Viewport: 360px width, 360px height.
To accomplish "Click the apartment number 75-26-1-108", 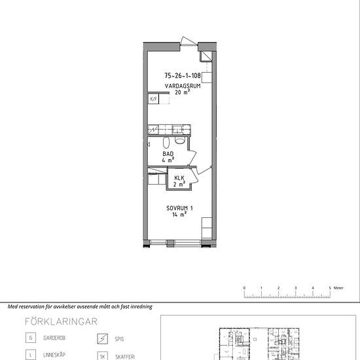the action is (x=183, y=75).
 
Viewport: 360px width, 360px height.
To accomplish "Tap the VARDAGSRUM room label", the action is (x=183, y=86).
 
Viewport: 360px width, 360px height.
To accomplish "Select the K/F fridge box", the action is (x=153, y=99).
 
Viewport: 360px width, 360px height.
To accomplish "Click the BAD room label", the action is (x=168, y=154).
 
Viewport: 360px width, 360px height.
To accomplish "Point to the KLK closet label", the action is (x=179, y=177).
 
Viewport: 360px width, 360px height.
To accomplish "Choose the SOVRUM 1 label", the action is (x=179, y=208).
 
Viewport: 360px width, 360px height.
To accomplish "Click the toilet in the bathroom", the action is (x=180, y=140).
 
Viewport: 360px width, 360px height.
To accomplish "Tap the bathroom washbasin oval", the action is (x=166, y=142).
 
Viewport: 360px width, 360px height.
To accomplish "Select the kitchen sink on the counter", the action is (x=177, y=130).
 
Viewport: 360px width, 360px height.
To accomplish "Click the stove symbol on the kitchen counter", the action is (x=153, y=130).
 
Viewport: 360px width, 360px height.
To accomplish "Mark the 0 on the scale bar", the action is (x=244, y=288).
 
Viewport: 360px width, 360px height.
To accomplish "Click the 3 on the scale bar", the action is (x=295, y=288).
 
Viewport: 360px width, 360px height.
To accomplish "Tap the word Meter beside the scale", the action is (x=338, y=288).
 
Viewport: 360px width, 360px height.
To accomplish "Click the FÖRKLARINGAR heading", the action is (x=61, y=321).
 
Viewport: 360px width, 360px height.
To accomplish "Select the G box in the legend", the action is (x=31, y=338).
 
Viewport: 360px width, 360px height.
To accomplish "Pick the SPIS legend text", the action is (x=119, y=339).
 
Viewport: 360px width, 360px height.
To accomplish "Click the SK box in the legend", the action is (x=102, y=356).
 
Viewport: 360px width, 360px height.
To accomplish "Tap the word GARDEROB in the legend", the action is (x=54, y=338).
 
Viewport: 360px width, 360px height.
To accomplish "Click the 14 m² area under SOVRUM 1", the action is (x=179, y=215).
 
